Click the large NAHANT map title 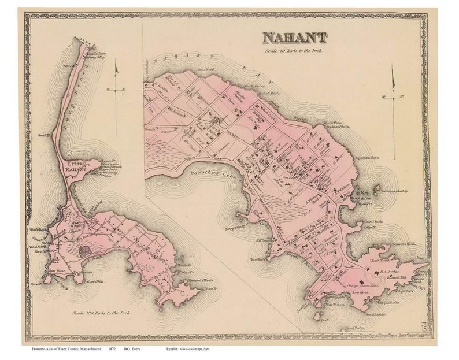(295, 38)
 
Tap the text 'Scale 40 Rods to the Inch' (295, 51)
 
